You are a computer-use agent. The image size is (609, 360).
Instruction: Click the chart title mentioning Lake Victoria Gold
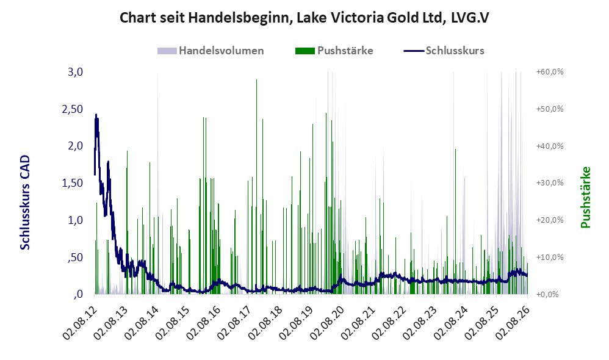[x=304, y=18]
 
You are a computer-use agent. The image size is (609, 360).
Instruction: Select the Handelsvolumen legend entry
[x=211, y=51]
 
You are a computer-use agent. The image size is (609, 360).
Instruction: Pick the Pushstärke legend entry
[x=334, y=51]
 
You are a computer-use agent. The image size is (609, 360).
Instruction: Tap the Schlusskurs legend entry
[x=444, y=51]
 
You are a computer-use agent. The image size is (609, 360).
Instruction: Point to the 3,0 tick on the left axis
[x=75, y=72]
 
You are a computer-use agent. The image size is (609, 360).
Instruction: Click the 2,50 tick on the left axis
[x=73, y=109]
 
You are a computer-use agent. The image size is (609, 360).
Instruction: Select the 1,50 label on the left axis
[x=73, y=183]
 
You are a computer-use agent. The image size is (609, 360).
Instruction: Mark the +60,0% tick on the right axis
[x=550, y=72]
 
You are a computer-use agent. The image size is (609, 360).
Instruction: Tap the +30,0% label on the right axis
[x=550, y=183]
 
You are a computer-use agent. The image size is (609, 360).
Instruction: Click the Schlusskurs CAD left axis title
[x=25, y=203]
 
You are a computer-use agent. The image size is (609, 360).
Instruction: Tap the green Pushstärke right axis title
[x=585, y=197]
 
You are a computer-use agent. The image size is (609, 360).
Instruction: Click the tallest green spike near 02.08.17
[x=256, y=187]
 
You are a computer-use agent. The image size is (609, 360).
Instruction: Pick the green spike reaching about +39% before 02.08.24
[x=455, y=221]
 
